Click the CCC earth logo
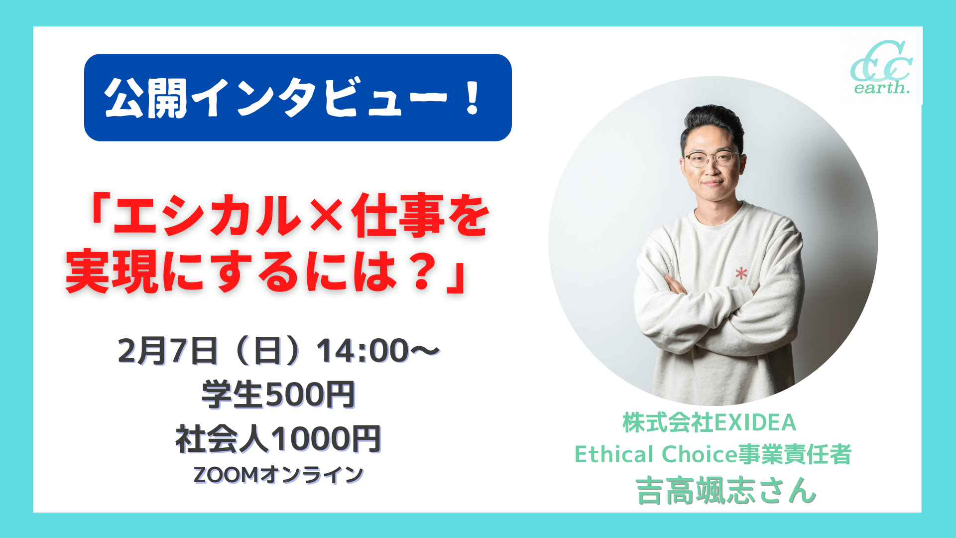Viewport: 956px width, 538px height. (x=881, y=68)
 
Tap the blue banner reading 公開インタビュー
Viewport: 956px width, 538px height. (x=298, y=98)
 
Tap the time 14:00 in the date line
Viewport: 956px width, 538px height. (x=363, y=351)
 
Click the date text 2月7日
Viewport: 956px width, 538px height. (x=168, y=351)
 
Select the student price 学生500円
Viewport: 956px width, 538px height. (x=278, y=395)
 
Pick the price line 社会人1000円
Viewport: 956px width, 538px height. (x=278, y=439)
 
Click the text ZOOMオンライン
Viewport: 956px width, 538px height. (x=278, y=475)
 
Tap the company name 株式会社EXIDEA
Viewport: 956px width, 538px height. (x=710, y=422)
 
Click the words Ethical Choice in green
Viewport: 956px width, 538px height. (x=656, y=454)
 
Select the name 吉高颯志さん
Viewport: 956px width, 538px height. (x=725, y=491)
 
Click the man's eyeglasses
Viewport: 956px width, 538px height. (x=713, y=159)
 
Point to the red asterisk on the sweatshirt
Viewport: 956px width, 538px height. (x=741, y=273)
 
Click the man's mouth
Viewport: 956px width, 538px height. (x=712, y=183)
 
